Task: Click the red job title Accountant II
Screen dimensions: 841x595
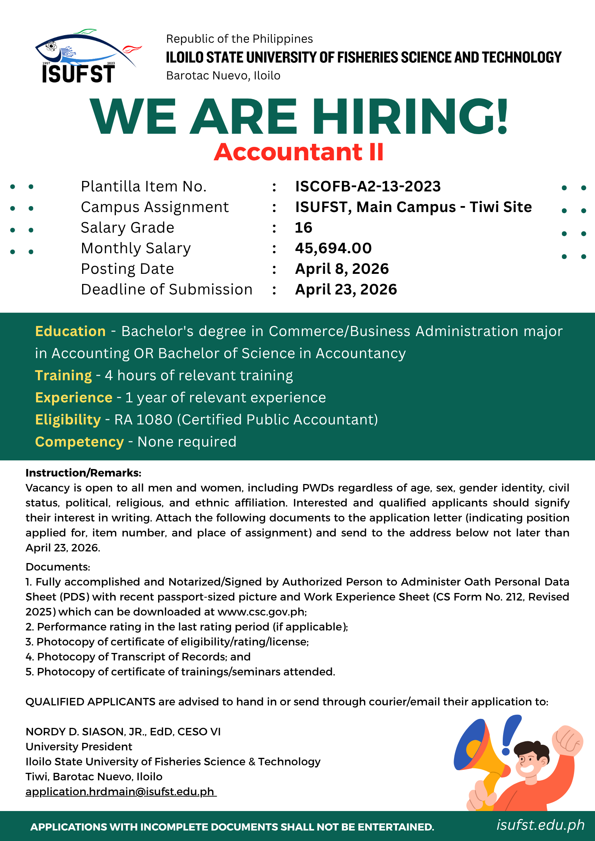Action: tap(298, 152)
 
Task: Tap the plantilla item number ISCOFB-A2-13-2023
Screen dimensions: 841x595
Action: tap(368, 187)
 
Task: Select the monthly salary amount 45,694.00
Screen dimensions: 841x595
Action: tap(333, 248)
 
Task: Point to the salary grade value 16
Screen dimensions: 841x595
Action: tap(303, 228)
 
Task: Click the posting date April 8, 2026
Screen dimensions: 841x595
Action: tap(342, 269)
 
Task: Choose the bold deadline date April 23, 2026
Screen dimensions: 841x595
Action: tap(346, 290)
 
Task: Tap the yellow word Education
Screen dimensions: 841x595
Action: tap(70, 332)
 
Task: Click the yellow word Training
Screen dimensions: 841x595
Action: tap(63, 376)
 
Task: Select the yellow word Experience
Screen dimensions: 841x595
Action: tap(73, 398)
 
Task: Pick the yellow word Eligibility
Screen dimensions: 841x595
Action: tap(68, 420)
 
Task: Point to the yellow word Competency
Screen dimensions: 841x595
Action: tap(79, 442)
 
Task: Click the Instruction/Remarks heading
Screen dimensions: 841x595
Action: tap(83, 473)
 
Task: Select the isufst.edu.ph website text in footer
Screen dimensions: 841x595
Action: tap(540, 825)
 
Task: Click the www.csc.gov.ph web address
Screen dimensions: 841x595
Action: tap(261, 612)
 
